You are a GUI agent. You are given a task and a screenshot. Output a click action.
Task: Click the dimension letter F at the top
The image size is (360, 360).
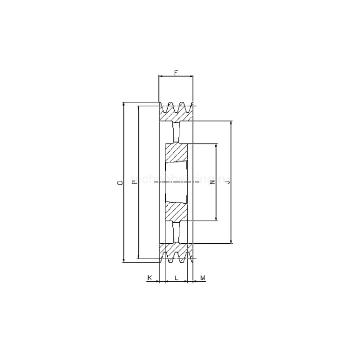tap(176, 73)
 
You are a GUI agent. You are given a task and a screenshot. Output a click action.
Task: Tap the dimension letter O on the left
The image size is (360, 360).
tap(119, 183)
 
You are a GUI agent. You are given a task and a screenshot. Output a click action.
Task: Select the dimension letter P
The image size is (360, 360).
tap(133, 182)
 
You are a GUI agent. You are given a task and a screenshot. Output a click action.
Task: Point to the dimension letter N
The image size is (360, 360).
tap(211, 182)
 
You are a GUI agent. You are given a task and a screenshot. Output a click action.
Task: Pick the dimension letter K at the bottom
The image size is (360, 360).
tap(150, 278)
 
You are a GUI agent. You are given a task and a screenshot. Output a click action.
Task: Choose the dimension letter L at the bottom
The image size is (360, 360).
tap(176, 278)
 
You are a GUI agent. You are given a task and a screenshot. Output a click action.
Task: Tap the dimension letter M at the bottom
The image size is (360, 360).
tap(203, 278)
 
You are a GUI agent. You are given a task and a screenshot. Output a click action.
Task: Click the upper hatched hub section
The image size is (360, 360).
tap(177, 153)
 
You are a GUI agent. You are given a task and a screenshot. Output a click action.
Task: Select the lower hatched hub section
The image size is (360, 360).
tap(177, 211)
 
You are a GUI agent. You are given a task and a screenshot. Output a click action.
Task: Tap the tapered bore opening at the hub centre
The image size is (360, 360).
tap(177, 183)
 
